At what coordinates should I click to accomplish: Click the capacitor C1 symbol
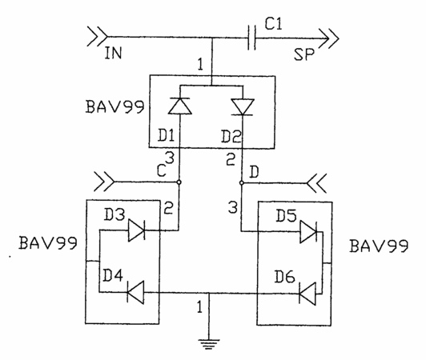coord(252,38)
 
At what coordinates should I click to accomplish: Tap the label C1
coord(274,24)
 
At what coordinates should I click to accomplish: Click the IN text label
coord(113,53)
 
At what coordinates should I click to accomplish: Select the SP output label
coord(304,54)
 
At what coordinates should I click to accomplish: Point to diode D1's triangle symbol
coord(180,106)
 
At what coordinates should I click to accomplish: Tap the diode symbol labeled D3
coord(136,230)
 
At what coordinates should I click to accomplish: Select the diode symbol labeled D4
coord(135,292)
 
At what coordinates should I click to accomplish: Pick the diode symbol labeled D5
coord(308,231)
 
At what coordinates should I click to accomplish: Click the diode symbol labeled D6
coord(307,294)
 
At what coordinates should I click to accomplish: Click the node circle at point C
coord(179,182)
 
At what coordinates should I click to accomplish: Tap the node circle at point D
coord(242,183)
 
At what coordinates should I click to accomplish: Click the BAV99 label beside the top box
coord(115,106)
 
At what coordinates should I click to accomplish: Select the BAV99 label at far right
coord(379,246)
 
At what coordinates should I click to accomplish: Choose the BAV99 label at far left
coord(48,242)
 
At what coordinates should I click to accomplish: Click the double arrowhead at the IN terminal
coord(97,36)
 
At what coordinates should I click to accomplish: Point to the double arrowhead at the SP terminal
coord(329,38)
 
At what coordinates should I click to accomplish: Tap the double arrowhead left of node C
coord(104,182)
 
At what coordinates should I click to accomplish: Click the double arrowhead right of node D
coord(316,183)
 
